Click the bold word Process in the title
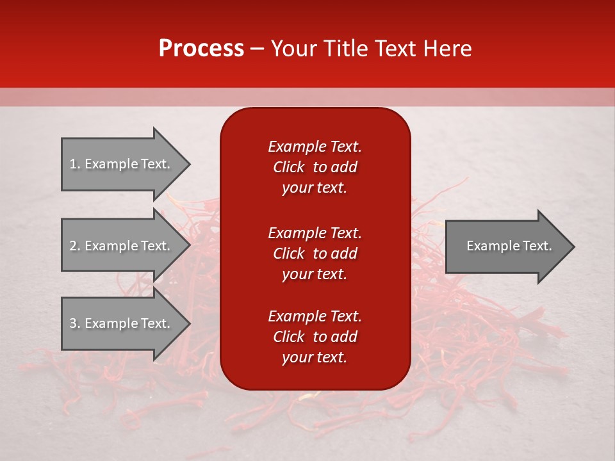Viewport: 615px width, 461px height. (x=201, y=49)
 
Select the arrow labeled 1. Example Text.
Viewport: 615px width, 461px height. (x=122, y=164)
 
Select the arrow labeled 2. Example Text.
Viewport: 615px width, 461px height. (x=122, y=246)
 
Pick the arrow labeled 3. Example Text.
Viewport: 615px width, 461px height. (x=122, y=323)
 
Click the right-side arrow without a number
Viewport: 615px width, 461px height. (x=506, y=246)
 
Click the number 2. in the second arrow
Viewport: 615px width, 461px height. (x=75, y=246)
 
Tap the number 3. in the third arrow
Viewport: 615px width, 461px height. (x=75, y=323)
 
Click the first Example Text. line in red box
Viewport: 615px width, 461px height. (x=315, y=147)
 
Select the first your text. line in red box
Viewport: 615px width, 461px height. (x=315, y=188)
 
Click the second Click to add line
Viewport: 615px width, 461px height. (x=315, y=254)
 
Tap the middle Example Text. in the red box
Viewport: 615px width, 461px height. (x=315, y=232)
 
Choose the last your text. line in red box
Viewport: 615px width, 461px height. (x=315, y=357)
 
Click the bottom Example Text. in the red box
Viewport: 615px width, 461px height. (x=315, y=316)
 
